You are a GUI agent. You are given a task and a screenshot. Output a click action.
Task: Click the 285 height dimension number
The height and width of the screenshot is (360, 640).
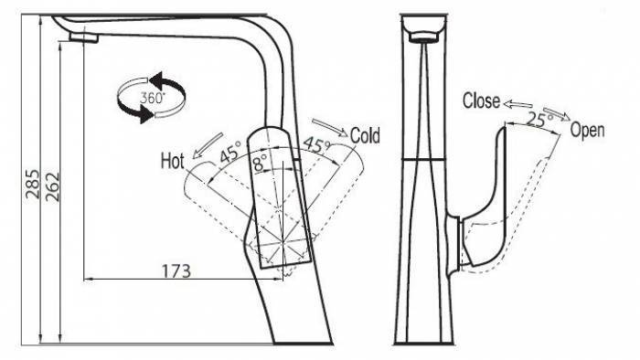point(33,185)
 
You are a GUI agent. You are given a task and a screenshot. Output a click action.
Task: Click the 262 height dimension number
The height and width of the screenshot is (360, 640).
point(52,187)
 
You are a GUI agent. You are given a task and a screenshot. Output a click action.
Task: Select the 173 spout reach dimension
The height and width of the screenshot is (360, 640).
point(176,271)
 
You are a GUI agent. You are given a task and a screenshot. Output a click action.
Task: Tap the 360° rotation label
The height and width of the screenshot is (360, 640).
point(153,98)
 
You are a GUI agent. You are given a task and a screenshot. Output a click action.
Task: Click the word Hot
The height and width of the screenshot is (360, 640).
point(172,161)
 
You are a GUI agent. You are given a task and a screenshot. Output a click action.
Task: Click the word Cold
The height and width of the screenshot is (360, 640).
point(365,135)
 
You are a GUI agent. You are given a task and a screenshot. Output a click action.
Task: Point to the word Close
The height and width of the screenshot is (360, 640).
point(481,101)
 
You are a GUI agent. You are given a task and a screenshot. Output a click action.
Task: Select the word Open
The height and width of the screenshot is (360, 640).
point(587,131)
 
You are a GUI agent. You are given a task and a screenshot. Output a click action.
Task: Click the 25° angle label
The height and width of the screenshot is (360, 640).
point(539,120)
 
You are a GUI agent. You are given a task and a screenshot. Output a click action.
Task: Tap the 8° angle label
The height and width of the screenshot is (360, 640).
point(260,163)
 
